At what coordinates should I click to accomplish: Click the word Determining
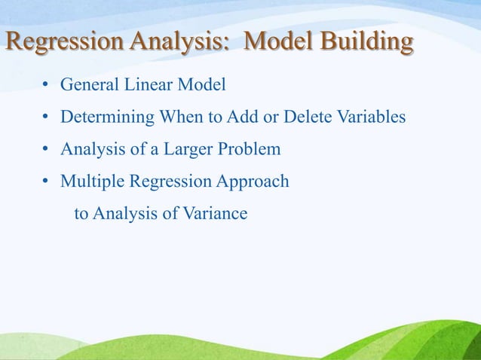106,117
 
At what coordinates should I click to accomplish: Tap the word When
179,117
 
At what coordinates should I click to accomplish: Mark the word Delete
300,117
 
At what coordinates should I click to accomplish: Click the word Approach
253,182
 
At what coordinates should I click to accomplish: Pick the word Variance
215,214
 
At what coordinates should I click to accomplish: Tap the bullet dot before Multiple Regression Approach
47,182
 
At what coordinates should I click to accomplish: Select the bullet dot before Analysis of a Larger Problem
47,150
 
